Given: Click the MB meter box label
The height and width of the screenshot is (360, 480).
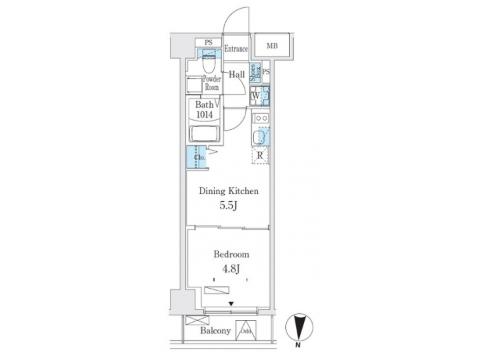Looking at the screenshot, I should coord(273,46).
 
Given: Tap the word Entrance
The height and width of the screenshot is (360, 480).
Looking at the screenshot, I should coord(236,49).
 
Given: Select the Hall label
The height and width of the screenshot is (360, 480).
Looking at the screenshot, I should coord(236,75).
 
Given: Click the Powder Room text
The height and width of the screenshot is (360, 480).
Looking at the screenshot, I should coord(212,83).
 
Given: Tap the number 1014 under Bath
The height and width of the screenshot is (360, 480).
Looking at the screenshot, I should coord(205,115).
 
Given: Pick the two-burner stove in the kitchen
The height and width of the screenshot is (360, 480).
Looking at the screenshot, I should coord(261,119).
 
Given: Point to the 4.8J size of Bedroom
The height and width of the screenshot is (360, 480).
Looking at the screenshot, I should coord(231,269).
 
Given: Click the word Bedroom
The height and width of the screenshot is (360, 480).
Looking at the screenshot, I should coord(231,255).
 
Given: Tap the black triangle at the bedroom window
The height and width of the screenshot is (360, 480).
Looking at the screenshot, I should coord(231,305).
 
